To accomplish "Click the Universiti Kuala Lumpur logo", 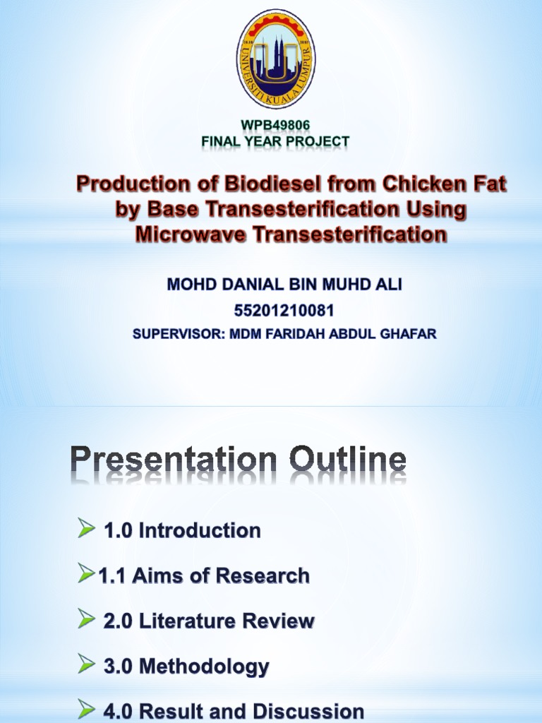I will coord(275,59).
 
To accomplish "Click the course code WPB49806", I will coord(275,126).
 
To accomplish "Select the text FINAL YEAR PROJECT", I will coord(275,141).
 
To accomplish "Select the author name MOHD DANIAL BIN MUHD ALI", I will coord(284,285).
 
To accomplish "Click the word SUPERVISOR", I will coord(176,334).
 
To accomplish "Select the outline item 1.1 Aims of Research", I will coord(203,575).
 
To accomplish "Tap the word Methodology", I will coord(204,666).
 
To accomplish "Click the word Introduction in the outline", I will coord(200,530).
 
